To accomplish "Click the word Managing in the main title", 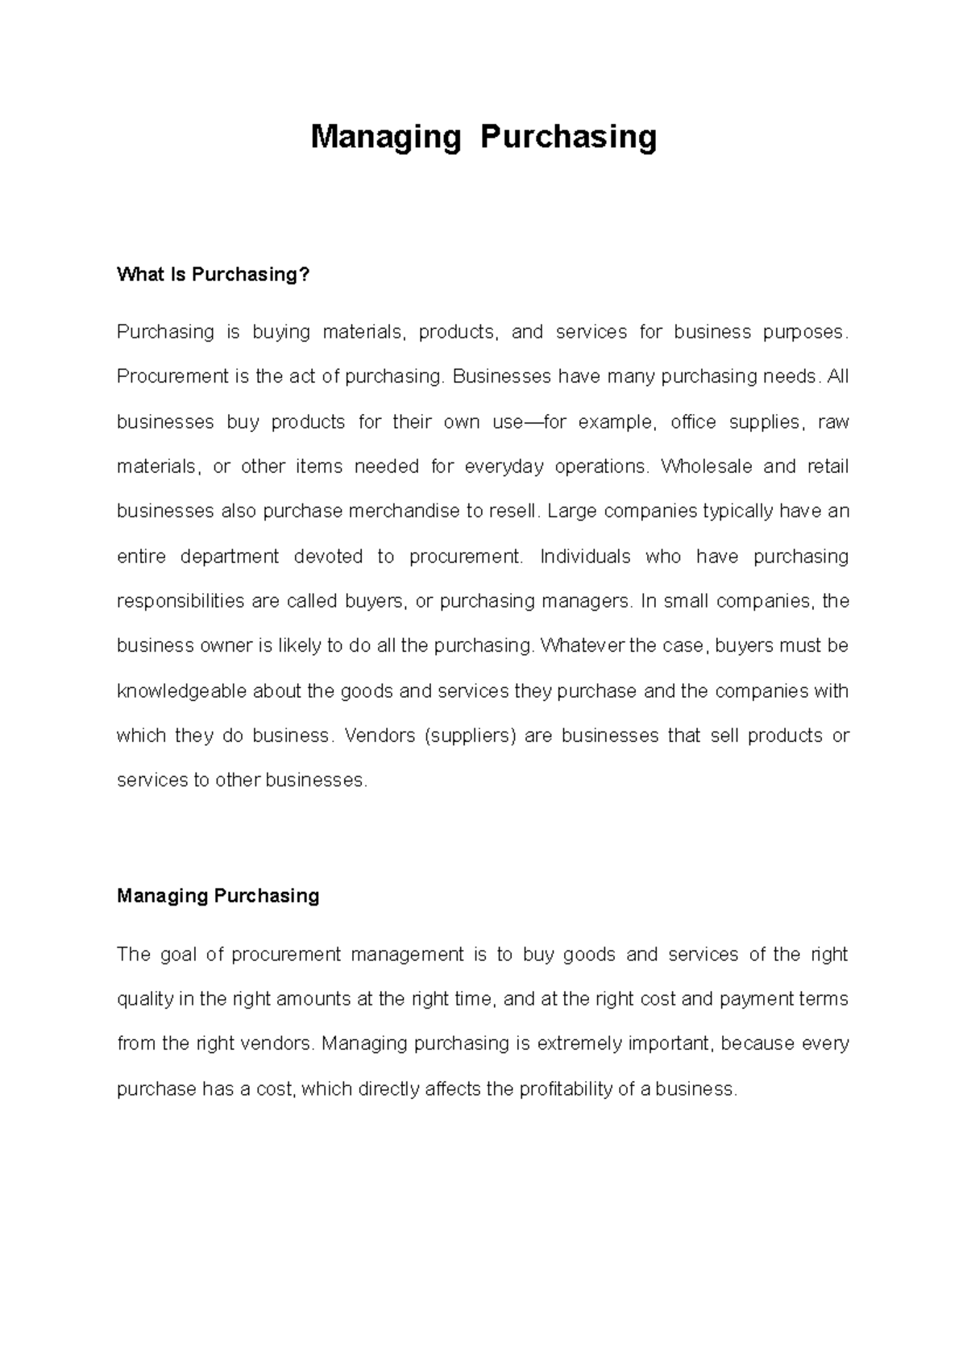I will [385, 138].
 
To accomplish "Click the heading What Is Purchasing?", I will [213, 275].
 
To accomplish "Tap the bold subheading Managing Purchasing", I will [218, 896].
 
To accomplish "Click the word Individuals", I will [586, 557].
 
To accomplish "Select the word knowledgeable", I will [182, 691].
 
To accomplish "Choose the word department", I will [229, 557].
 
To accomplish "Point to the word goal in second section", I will [178, 955].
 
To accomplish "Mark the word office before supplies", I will [693, 422].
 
